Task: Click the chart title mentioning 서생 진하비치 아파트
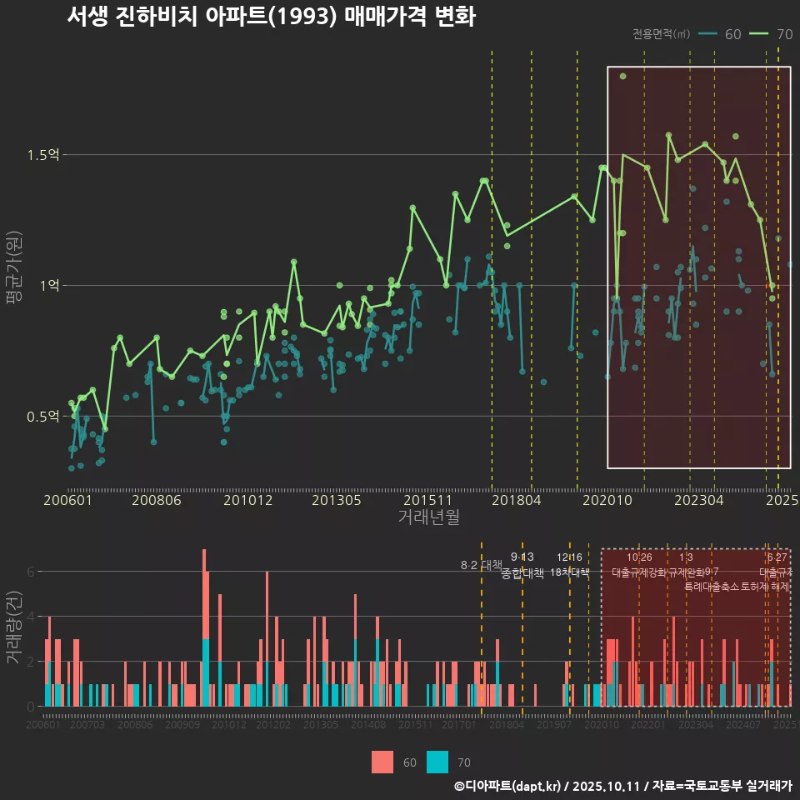click(x=271, y=17)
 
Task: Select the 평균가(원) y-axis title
click(x=14, y=286)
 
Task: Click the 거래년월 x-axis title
click(x=428, y=517)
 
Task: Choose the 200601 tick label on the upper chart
click(x=67, y=501)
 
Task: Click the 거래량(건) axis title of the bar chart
click(x=14, y=627)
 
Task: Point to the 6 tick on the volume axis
click(x=31, y=572)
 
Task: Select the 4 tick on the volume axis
click(x=31, y=617)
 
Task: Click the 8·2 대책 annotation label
click(x=481, y=565)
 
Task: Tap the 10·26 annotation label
click(x=639, y=557)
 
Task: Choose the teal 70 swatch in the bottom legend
click(x=437, y=762)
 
